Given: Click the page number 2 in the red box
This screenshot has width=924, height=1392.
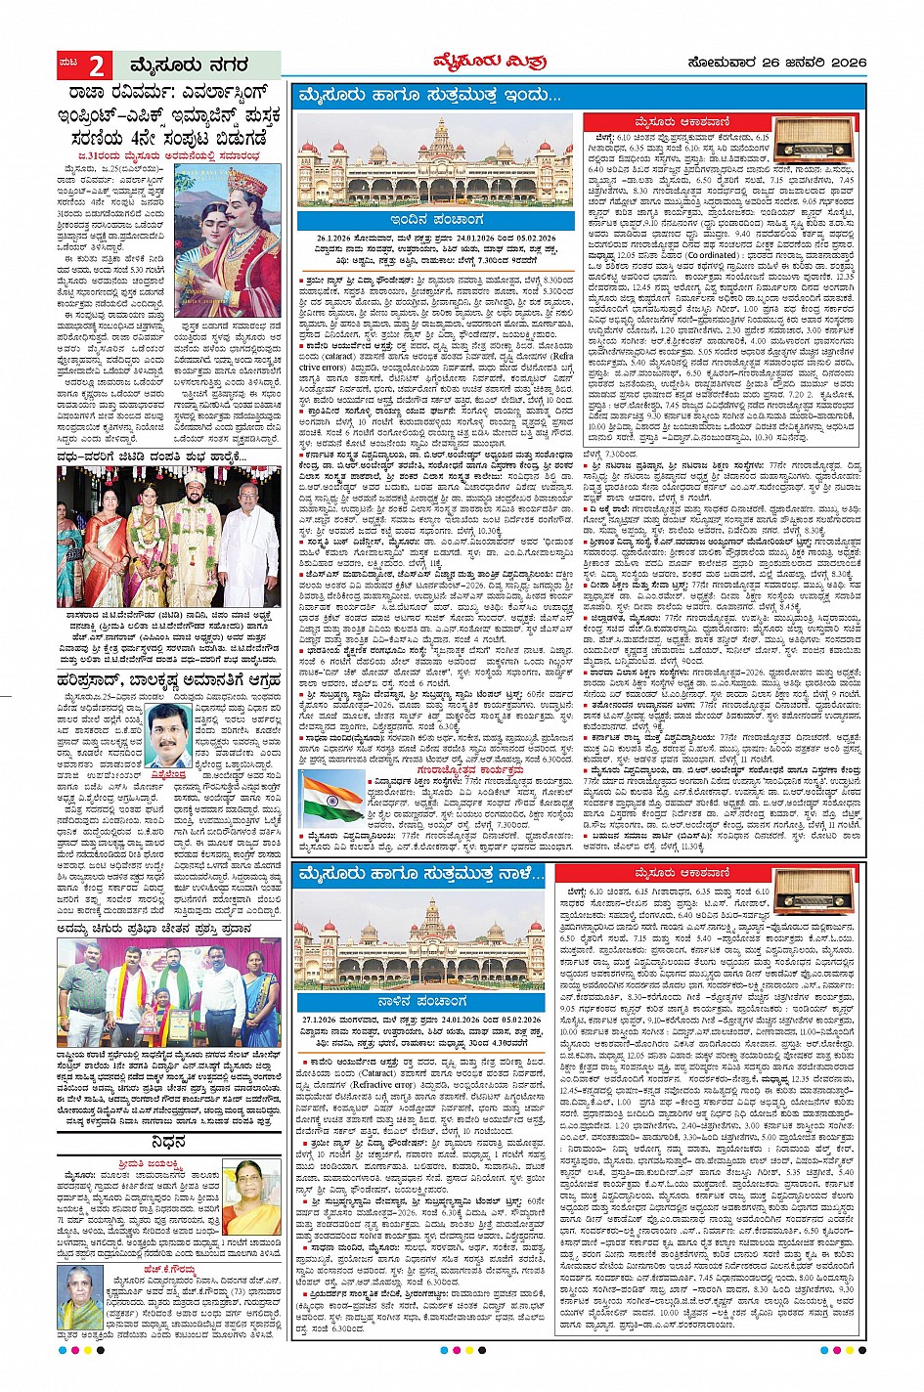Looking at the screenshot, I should coord(96,65).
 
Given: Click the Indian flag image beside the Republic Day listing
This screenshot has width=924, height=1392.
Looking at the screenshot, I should coord(332,798).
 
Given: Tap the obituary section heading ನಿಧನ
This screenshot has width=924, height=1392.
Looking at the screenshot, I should coord(168,1142).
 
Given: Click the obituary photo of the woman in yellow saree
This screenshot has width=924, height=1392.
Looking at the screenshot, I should coord(251,1197).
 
